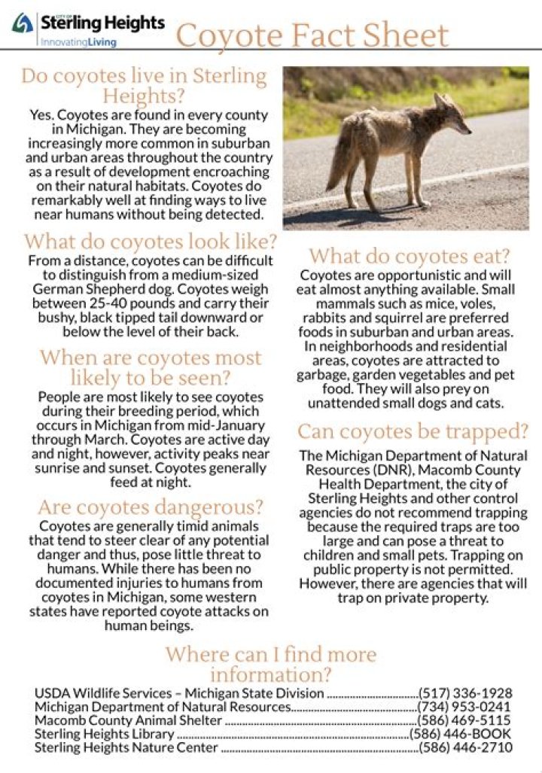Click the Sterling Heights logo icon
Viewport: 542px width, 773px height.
pyautogui.click(x=22, y=24)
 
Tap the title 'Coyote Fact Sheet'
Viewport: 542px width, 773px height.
pyautogui.click(x=312, y=35)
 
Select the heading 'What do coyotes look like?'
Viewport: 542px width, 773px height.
pyautogui.click(x=151, y=242)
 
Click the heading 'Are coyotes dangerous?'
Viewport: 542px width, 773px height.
pyautogui.click(x=151, y=507)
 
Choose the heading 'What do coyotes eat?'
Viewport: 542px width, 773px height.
pyautogui.click(x=410, y=256)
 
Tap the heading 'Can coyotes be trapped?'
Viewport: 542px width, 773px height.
pyautogui.click(x=413, y=432)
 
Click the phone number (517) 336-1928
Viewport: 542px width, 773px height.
pyautogui.click(x=465, y=693)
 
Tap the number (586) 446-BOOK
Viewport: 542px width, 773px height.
pyautogui.click(x=460, y=734)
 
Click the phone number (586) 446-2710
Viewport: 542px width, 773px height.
pyautogui.click(x=465, y=747)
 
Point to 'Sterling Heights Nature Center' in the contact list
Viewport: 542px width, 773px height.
pyautogui.click(x=126, y=747)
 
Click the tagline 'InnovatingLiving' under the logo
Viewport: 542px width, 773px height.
pyautogui.click(x=78, y=43)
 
